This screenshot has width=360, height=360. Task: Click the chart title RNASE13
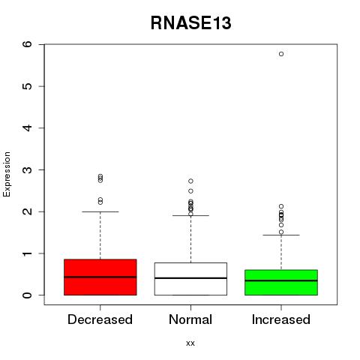190,23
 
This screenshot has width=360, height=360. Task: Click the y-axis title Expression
7,174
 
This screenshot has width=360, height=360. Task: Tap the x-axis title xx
190,343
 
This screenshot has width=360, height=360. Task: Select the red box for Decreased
100,277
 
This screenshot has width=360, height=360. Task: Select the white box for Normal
190,279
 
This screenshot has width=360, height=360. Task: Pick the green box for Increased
281,283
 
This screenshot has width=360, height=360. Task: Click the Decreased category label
100,319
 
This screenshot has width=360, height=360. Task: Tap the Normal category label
190,319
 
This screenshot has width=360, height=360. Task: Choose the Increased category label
281,319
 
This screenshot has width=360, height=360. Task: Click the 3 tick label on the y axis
28,169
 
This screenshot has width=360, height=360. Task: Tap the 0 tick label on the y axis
28,295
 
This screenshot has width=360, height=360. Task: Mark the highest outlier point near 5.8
281,54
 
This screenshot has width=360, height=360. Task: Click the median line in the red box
100,277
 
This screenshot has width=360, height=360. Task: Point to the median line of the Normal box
190,278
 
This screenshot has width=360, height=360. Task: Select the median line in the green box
281,280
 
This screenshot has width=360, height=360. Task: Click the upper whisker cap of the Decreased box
100,211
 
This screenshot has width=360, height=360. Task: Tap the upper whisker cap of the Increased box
281,235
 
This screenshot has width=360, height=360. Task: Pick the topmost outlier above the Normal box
190,181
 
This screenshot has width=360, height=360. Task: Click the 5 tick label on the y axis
28,86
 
